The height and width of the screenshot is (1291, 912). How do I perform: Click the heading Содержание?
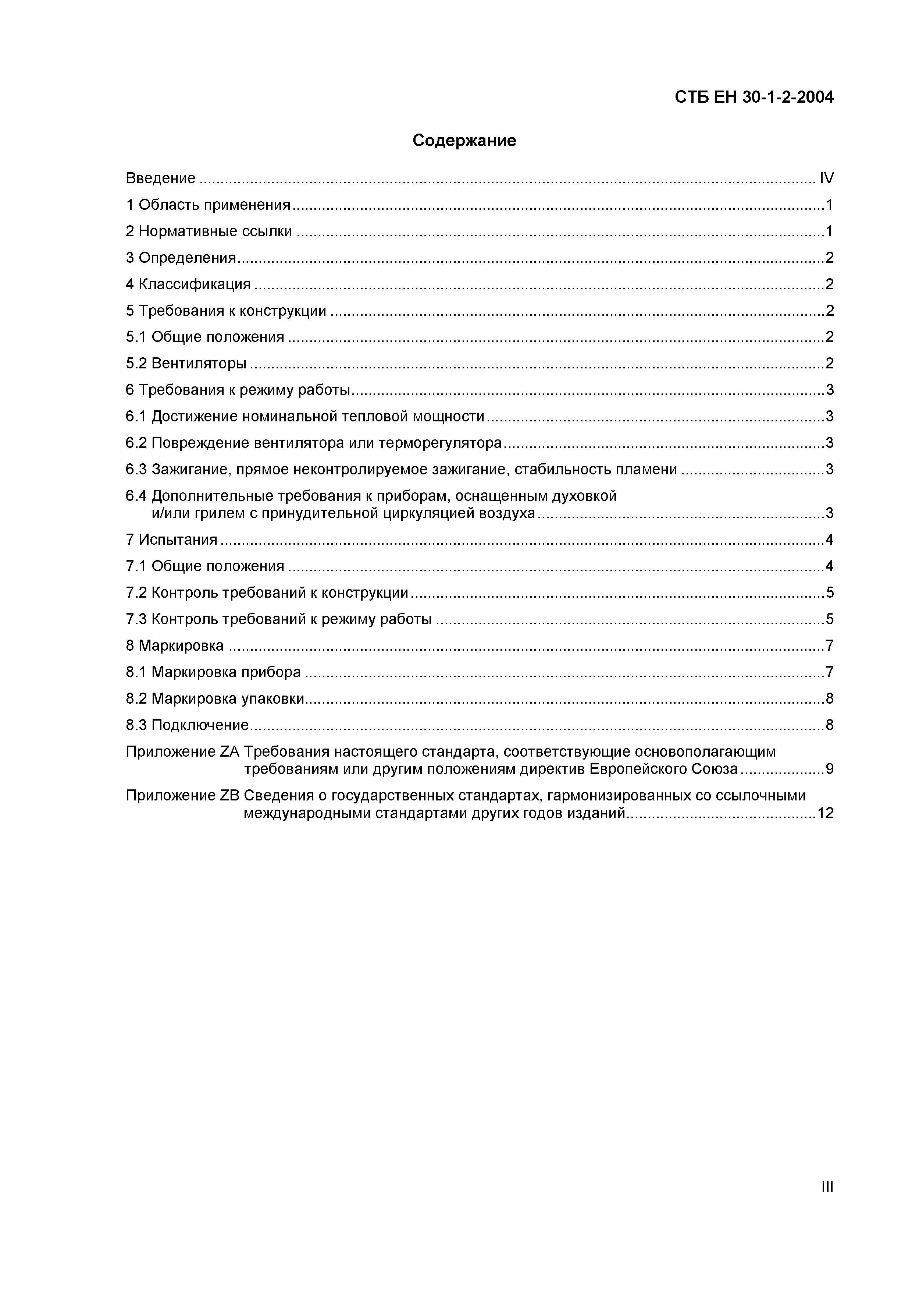pos(464,141)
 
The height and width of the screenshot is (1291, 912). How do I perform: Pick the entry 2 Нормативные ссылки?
pos(209,231)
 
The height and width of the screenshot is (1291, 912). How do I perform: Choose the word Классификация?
pos(195,284)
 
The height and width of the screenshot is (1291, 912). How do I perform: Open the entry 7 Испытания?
pos(171,540)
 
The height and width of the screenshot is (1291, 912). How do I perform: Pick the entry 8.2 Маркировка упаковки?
pos(215,698)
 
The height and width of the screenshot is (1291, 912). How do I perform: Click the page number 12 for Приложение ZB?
pos(826,813)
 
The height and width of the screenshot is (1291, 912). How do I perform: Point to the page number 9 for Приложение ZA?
pos(829,769)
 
